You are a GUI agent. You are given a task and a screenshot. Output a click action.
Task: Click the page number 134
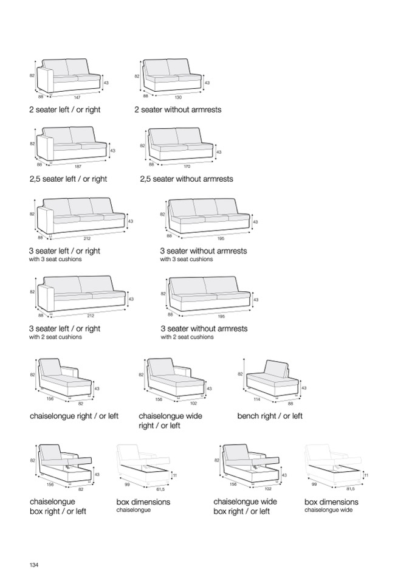[34, 565]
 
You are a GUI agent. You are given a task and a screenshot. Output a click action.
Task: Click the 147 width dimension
[77, 97]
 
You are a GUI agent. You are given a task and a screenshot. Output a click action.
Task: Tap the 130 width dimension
[178, 97]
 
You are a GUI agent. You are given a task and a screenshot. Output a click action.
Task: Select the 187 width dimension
[78, 165]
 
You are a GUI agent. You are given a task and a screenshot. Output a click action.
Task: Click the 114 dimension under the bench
[256, 399]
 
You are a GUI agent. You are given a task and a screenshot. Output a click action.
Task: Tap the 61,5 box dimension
[160, 488]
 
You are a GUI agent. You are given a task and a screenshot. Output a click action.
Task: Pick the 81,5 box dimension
[350, 488]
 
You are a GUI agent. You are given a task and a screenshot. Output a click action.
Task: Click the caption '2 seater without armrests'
[177, 110]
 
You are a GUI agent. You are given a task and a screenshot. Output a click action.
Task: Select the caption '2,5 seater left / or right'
[68, 179]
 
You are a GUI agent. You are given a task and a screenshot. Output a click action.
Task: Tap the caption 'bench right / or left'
[269, 416]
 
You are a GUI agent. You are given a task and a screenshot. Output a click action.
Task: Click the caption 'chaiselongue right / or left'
[74, 416]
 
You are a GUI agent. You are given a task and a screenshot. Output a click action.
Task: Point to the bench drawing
[273, 379]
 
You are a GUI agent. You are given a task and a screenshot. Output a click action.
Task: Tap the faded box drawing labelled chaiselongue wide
[334, 465]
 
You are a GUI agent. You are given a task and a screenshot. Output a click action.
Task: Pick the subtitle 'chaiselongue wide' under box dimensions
[328, 510]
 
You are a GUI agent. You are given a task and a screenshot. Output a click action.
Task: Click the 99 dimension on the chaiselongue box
[128, 485]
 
